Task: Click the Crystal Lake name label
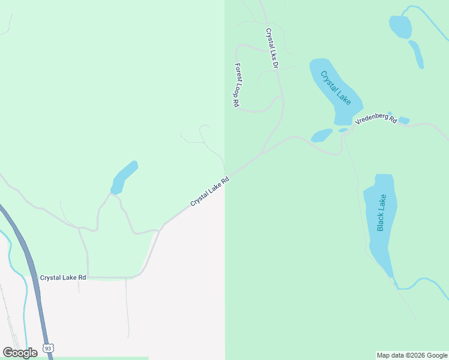(x=336, y=88)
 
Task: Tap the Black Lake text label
(x=382, y=212)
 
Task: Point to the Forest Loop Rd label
(x=237, y=86)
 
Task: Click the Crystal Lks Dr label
(x=271, y=48)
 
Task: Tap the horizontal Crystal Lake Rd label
(x=63, y=278)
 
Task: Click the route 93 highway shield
(x=49, y=348)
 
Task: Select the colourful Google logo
(x=20, y=353)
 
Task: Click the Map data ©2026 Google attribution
(x=412, y=355)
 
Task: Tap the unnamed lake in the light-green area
(x=124, y=178)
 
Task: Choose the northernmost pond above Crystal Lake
(x=400, y=26)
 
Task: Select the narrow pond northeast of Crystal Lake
(x=416, y=54)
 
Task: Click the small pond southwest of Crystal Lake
(x=321, y=135)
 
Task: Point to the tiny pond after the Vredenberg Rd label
(x=404, y=121)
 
